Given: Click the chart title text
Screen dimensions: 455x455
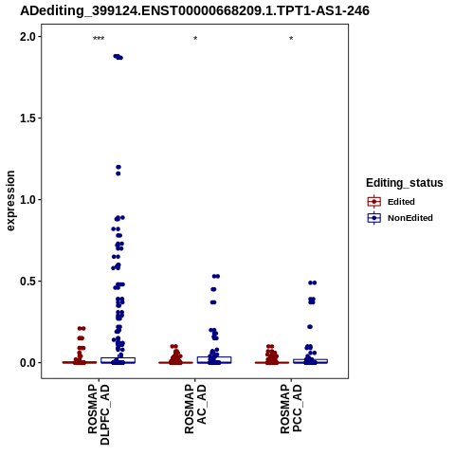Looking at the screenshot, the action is pyautogui.click(x=194, y=10).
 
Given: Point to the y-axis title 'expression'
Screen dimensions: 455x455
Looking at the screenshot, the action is pyautogui.click(x=10, y=201).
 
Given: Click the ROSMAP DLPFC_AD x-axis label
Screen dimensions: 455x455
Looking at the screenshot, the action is pyautogui.click(x=99, y=414).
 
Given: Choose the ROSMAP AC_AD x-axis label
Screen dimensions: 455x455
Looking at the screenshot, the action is pyautogui.click(x=195, y=409).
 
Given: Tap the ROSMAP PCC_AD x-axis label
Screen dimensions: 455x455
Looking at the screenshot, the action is pyautogui.click(x=291, y=409).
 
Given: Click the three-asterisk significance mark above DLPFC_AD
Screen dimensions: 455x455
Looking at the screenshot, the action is pyautogui.click(x=99, y=39).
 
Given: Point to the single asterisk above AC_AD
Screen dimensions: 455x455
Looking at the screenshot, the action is pyautogui.click(x=195, y=39).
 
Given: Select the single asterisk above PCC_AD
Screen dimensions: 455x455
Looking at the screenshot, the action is pyautogui.click(x=291, y=39).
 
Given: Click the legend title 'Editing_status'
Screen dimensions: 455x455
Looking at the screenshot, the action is pyautogui.click(x=405, y=183).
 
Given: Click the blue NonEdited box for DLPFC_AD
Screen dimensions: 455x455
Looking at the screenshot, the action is pyautogui.click(x=118, y=360).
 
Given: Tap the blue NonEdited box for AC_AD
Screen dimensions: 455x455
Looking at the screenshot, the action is pyautogui.click(x=214, y=360).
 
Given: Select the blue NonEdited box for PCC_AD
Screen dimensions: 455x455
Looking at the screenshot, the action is pyautogui.click(x=310, y=361).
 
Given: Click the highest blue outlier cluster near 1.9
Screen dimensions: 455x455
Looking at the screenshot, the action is pyautogui.click(x=118, y=57).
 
